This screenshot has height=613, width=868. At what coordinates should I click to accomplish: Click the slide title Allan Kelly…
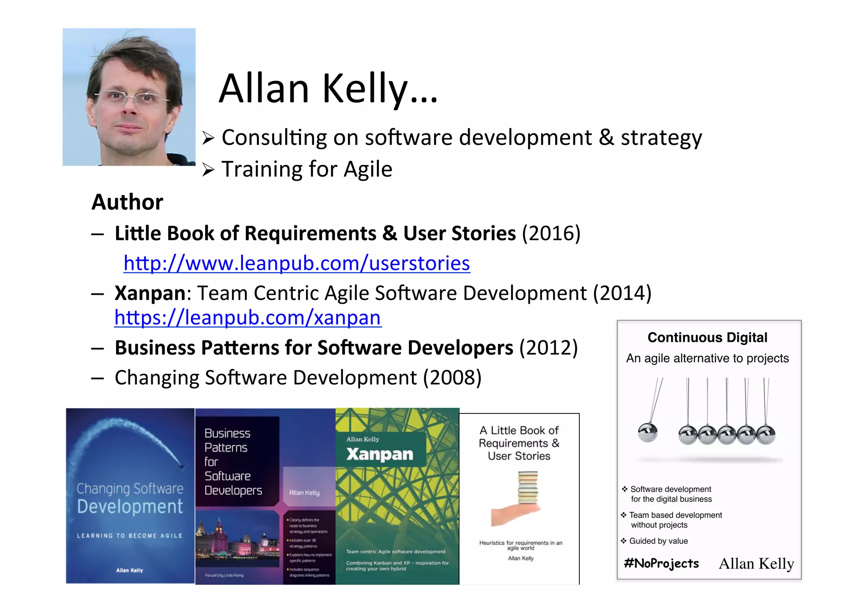tap(328, 89)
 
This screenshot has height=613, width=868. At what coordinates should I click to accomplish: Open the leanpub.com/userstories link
tap(297, 264)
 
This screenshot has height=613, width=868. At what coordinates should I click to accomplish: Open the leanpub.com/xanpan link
tap(248, 318)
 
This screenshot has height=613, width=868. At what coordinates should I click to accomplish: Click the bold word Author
tap(128, 202)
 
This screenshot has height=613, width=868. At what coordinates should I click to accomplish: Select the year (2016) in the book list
tap(551, 233)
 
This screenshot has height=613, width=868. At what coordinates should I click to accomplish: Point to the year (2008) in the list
tap(452, 377)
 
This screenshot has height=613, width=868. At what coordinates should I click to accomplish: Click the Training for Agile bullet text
tap(307, 169)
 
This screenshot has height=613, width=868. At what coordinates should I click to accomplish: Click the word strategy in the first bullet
tap(661, 138)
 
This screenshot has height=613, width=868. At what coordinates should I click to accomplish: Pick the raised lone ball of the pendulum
tap(648, 432)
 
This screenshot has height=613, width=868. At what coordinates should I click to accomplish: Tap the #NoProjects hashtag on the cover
tap(661, 563)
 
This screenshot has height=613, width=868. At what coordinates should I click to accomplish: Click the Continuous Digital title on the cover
tap(707, 338)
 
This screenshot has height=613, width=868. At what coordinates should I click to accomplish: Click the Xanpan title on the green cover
tap(380, 454)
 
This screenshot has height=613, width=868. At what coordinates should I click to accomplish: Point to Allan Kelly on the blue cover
tap(130, 570)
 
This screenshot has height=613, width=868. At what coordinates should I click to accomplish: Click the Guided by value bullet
tap(658, 541)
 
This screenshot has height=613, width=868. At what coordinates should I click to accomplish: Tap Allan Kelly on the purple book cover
tap(304, 493)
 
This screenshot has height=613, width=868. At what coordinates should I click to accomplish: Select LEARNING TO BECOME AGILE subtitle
tap(130, 535)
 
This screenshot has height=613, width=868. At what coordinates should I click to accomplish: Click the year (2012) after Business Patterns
tap(548, 348)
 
